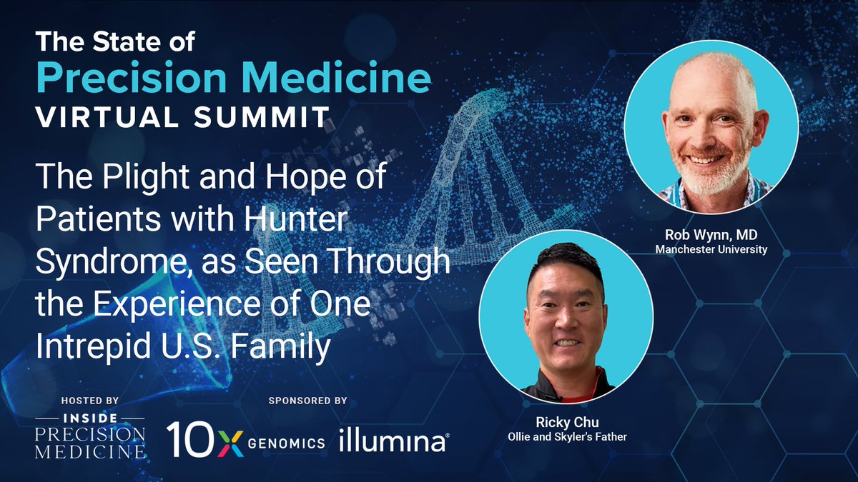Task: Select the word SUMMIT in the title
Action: (x=262, y=117)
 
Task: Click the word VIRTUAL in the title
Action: (x=108, y=117)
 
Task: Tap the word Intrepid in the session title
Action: (x=93, y=346)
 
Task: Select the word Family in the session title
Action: (x=280, y=346)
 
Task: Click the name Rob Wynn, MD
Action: (x=711, y=235)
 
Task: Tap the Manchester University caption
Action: (x=711, y=249)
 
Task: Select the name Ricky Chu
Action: (x=567, y=422)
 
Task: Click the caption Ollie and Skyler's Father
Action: (x=567, y=437)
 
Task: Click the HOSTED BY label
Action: (x=90, y=401)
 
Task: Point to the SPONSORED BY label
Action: (x=308, y=401)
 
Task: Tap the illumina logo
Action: (x=394, y=440)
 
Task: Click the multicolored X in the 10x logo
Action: (x=230, y=443)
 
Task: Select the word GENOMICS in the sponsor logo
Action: (x=287, y=443)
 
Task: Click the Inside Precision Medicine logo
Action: (x=90, y=436)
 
